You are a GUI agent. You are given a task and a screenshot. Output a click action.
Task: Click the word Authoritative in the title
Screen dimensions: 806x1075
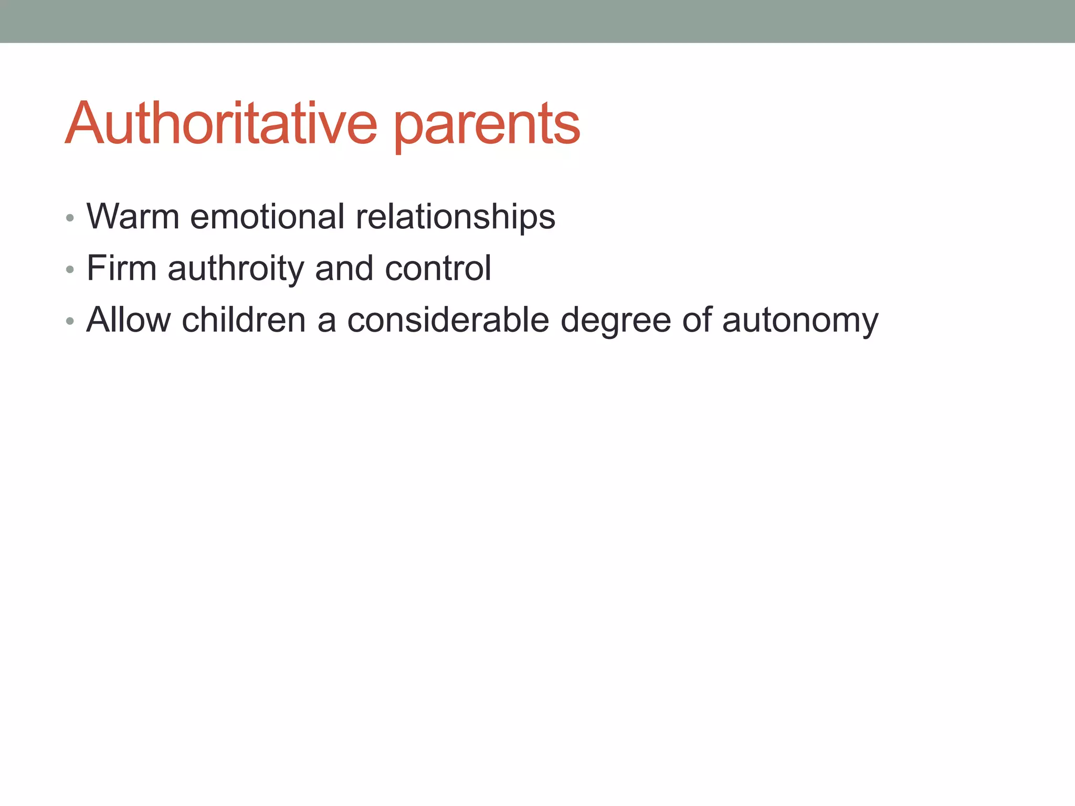(x=220, y=124)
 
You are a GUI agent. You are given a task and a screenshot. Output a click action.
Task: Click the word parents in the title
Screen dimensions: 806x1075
(x=487, y=126)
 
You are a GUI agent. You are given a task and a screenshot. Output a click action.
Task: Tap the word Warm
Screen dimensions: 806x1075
(x=133, y=216)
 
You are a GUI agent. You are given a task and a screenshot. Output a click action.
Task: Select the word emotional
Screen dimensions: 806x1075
(x=267, y=216)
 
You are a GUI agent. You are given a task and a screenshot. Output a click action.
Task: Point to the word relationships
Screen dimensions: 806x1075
(x=455, y=217)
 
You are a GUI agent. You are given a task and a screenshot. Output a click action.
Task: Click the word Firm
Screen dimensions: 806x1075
(x=121, y=268)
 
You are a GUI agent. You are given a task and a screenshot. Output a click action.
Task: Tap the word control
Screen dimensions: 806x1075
(x=438, y=268)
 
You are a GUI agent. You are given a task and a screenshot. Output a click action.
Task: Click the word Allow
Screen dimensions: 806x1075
(x=129, y=320)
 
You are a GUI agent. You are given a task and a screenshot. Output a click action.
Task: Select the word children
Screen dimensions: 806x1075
(x=244, y=320)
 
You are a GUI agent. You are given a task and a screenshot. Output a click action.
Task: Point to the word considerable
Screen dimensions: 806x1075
(x=448, y=320)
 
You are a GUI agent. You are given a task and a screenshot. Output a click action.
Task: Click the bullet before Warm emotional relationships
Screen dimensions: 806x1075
(x=70, y=218)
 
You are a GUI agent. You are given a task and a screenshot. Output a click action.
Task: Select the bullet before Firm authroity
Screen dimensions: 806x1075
(x=70, y=270)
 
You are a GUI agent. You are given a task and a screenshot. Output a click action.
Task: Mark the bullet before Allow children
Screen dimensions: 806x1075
(x=70, y=321)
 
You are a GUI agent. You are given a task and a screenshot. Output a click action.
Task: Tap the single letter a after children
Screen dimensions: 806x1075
(x=326, y=321)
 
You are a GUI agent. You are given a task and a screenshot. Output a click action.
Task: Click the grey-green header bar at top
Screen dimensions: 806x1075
(x=537, y=21)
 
